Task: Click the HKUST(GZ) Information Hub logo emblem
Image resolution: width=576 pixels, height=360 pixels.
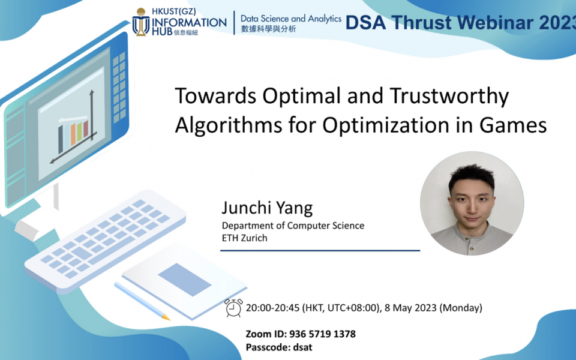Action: pyautogui.click(x=141, y=22)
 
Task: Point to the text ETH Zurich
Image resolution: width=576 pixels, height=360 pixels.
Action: pyautogui.click(x=244, y=238)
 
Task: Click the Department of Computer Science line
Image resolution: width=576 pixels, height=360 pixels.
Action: pyautogui.click(x=293, y=226)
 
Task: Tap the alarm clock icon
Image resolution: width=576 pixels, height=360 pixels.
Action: pyautogui.click(x=233, y=307)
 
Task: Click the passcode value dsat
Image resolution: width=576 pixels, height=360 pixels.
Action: pyautogui.click(x=302, y=347)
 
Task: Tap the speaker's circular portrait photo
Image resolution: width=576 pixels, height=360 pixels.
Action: pyautogui.click(x=472, y=203)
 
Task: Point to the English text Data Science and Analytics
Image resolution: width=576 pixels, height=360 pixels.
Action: pyautogui.click(x=290, y=19)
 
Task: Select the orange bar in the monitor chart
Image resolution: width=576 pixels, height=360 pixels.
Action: pyautogui.click(x=73, y=133)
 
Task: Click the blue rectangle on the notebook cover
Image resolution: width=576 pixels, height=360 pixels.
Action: pyautogui.click(x=184, y=279)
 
